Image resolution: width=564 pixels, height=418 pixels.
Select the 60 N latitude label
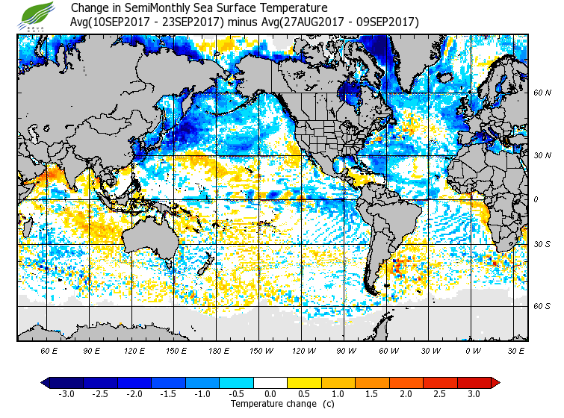(x=542, y=93)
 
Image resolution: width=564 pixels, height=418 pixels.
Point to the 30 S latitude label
(x=542, y=244)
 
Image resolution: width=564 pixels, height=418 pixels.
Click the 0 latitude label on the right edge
(x=536, y=199)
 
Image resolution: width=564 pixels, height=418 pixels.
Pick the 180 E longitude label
(x=220, y=350)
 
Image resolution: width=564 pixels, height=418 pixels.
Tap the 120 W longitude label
(x=304, y=350)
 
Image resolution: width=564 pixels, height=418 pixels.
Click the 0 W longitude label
(x=473, y=350)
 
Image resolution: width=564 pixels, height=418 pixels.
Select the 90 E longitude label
(x=92, y=350)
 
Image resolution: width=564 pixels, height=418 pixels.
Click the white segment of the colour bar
(x=270, y=383)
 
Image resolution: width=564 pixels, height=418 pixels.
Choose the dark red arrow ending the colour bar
(x=495, y=383)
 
